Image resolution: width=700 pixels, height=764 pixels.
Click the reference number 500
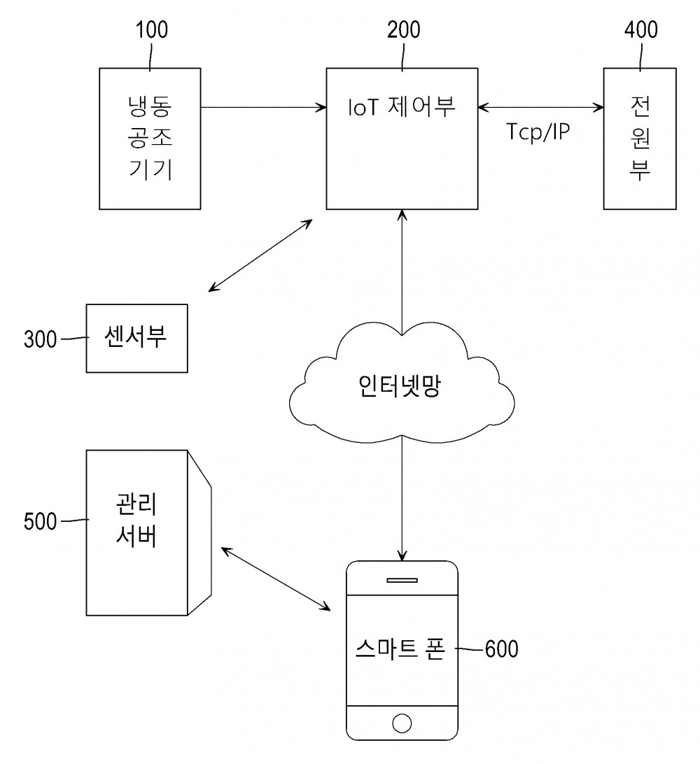[x=41, y=521]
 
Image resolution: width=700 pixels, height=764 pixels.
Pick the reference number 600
[x=501, y=649]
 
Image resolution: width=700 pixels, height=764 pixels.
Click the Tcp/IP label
[x=538, y=132]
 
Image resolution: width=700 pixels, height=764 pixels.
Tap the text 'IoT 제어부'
[x=402, y=106]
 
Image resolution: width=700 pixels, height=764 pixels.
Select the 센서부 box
[x=136, y=338]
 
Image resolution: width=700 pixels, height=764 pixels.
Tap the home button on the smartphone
[x=402, y=723]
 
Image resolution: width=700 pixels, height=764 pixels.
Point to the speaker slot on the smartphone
[x=402, y=579]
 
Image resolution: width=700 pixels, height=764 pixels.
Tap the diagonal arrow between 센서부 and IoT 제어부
[x=261, y=255]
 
